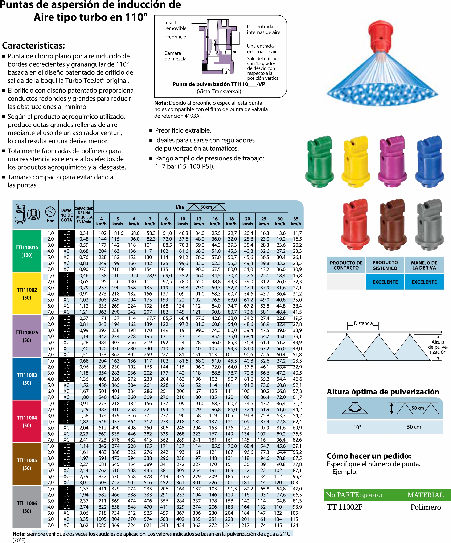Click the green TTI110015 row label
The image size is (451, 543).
coord(27,251)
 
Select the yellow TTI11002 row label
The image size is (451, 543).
coord(27,293)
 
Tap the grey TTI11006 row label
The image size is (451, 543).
coord(27,507)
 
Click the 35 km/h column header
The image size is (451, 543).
coord(296,221)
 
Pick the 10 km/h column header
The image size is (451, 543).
coord(183,221)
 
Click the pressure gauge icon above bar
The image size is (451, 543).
coord(50,212)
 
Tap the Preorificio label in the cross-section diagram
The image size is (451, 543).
coord(175,37)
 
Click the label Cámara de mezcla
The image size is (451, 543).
coord(175,56)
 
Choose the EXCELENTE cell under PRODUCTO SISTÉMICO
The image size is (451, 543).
coord(385,282)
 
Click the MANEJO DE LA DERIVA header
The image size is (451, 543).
coord(424,265)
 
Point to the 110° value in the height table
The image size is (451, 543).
coord(356,427)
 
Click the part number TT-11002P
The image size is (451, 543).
coord(344,507)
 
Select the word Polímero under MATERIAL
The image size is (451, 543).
coord(425,507)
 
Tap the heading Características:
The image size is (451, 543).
coord(33,46)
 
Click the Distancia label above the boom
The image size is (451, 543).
coord(363,323)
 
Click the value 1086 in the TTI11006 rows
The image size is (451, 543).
coord(101,525)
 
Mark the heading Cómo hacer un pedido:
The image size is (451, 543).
coord(369,456)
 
